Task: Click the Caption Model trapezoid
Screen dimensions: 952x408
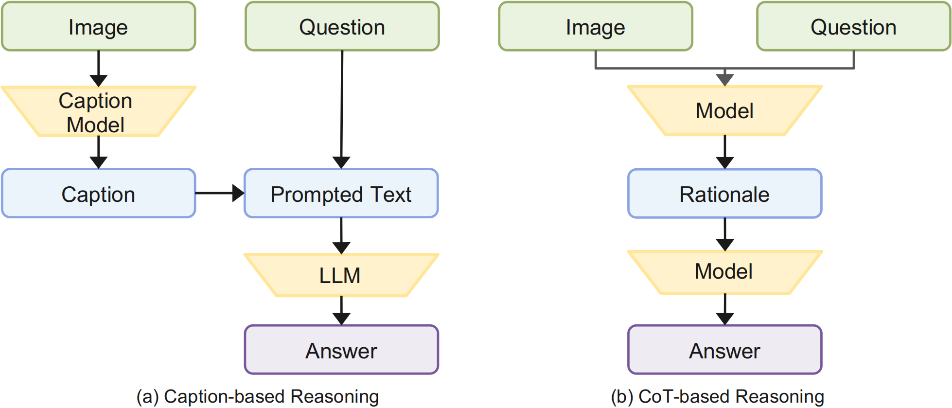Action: click(98, 111)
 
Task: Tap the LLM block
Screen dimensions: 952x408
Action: click(341, 275)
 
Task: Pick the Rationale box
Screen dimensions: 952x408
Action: click(724, 194)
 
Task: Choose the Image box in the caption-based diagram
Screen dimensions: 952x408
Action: click(98, 26)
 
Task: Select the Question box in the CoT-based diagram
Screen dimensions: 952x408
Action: click(853, 26)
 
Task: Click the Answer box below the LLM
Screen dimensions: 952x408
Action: click(341, 350)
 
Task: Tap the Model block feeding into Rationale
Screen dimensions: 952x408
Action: click(724, 111)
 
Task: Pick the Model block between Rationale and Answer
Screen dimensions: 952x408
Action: click(724, 272)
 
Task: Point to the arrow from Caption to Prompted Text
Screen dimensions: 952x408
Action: click(220, 193)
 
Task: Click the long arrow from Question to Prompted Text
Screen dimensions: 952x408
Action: click(342, 109)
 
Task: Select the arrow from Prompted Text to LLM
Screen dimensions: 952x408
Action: click(341, 236)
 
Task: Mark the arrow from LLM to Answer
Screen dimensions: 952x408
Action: click(341, 311)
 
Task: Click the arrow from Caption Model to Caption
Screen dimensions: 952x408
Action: click(98, 152)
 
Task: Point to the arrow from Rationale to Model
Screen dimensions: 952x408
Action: click(724, 234)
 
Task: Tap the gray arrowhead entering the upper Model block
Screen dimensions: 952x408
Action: click(724, 80)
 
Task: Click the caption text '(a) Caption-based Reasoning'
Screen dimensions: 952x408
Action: click(258, 397)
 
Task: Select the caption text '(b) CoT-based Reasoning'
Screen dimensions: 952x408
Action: click(718, 397)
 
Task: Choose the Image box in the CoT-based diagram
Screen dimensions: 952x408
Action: click(596, 26)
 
